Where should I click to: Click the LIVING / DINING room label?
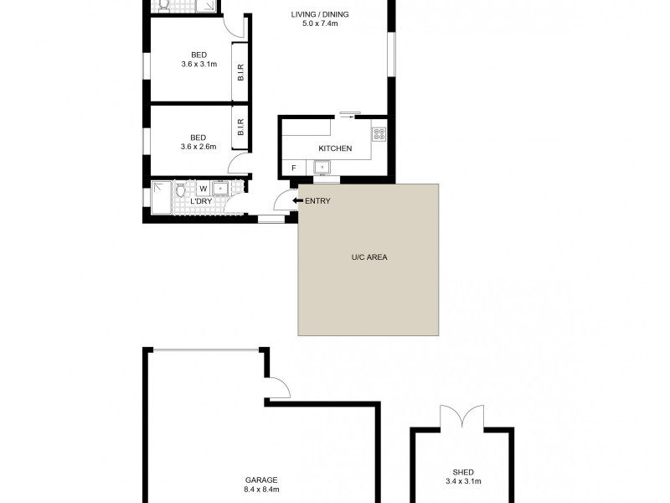[320, 15]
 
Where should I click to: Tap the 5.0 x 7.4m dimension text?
[320, 24]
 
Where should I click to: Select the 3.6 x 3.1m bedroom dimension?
[198, 65]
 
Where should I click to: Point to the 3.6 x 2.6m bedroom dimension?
[198, 148]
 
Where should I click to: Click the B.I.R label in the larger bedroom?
[240, 73]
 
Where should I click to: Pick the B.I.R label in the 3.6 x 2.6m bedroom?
[240, 127]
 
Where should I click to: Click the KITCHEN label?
[334, 149]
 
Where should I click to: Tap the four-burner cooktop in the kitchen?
[379, 133]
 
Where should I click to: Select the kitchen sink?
[321, 168]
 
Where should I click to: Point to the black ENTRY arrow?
[297, 200]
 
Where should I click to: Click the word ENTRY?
[317, 200]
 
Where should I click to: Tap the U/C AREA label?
[368, 257]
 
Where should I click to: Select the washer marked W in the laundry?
[203, 189]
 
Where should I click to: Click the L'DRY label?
[201, 202]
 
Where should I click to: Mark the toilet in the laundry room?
[180, 190]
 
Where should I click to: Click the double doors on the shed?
[461, 417]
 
